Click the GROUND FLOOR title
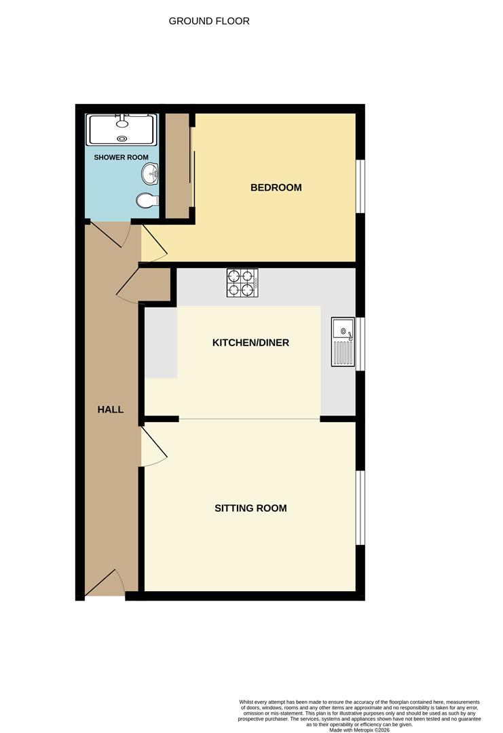pos(209,21)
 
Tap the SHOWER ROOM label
pos(121,157)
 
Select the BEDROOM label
pos(276,187)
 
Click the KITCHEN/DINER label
pos(250,343)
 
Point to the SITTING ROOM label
pos(250,508)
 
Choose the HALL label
pos(111,409)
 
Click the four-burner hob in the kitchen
pos(242,283)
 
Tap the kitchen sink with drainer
pos(343,341)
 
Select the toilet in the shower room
pos(148,200)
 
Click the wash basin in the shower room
pos(150,174)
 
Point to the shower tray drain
pos(122,138)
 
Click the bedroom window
pos(360,187)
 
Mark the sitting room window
pos(360,507)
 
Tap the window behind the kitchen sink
pos(360,344)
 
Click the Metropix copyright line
pos(360,730)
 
